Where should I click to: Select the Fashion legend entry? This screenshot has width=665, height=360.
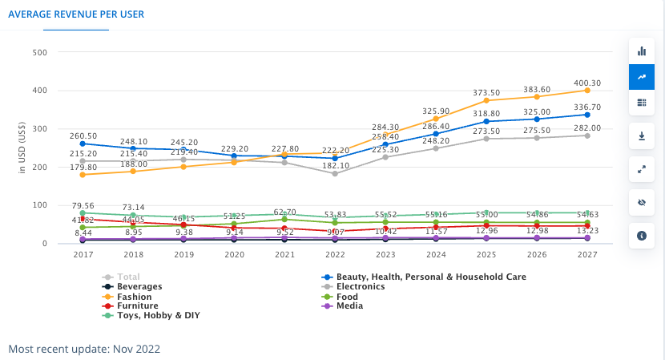click(x=134, y=296)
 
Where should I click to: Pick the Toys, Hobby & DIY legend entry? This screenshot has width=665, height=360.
click(x=158, y=315)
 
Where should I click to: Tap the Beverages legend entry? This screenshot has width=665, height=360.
click(x=139, y=286)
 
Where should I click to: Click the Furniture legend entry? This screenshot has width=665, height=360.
click(x=138, y=305)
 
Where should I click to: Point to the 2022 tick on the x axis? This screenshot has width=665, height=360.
click(x=335, y=255)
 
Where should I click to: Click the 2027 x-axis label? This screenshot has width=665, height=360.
click(x=587, y=255)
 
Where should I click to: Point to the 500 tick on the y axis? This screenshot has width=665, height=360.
click(x=39, y=53)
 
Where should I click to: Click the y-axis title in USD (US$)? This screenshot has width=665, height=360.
click(x=22, y=149)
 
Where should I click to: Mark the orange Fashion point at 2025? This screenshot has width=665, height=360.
click(x=486, y=100)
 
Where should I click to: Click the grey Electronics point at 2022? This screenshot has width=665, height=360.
click(x=335, y=174)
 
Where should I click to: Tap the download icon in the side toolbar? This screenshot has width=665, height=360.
click(x=641, y=136)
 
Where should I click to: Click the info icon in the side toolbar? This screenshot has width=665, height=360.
click(x=641, y=236)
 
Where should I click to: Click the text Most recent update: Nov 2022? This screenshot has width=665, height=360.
click(x=84, y=349)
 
